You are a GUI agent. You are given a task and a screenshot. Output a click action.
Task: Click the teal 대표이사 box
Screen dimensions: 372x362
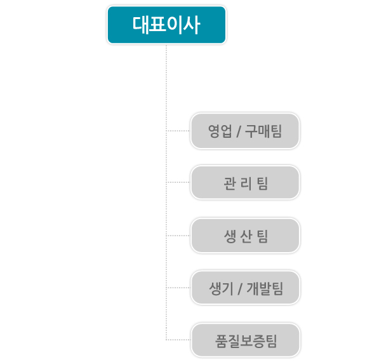pyautogui.click(x=166, y=25)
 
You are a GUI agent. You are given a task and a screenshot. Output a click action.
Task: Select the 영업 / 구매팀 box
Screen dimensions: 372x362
pyautogui.click(x=245, y=131)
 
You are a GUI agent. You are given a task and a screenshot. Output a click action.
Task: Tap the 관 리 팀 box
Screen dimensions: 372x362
pyautogui.click(x=245, y=182)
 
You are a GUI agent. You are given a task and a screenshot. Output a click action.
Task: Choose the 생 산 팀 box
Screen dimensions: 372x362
pyautogui.click(x=246, y=236)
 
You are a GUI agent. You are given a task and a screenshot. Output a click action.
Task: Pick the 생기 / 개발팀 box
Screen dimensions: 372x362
pyautogui.click(x=246, y=288)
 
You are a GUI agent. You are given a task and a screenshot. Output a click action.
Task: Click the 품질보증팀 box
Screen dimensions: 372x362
pyautogui.click(x=246, y=340)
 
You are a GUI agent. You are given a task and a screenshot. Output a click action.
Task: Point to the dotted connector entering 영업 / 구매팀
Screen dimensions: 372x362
pyautogui.click(x=178, y=131)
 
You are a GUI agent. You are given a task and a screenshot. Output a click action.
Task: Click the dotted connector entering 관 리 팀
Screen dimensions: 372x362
pyautogui.click(x=178, y=182)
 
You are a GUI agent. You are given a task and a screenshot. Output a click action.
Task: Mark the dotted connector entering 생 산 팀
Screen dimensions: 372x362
pyautogui.click(x=178, y=236)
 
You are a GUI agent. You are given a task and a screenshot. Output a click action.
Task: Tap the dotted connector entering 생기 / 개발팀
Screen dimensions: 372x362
pyautogui.click(x=178, y=288)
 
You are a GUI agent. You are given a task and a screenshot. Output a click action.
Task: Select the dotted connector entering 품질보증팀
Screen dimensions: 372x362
pyautogui.click(x=178, y=340)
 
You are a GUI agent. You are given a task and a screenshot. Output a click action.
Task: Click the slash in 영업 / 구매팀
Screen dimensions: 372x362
pyautogui.click(x=239, y=131)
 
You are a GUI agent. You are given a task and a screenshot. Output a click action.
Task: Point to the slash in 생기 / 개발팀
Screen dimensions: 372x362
pyautogui.click(x=240, y=289)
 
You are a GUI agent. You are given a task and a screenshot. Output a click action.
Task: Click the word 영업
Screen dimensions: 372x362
pyautogui.click(x=220, y=131)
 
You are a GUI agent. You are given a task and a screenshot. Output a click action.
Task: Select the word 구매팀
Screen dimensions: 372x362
pyautogui.click(x=263, y=131)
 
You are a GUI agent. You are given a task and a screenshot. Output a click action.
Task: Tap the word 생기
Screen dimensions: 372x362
pyautogui.click(x=221, y=289)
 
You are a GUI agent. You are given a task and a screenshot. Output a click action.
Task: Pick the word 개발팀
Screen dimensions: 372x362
pyautogui.click(x=265, y=289)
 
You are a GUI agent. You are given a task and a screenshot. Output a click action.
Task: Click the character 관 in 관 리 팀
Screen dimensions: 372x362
pyautogui.click(x=230, y=184)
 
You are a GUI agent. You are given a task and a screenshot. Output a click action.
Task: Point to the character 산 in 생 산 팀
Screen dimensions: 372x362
pyautogui.click(x=246, y=237)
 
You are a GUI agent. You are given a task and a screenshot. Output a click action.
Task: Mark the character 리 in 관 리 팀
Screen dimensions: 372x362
pyautogui.click(x=246, y=184)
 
